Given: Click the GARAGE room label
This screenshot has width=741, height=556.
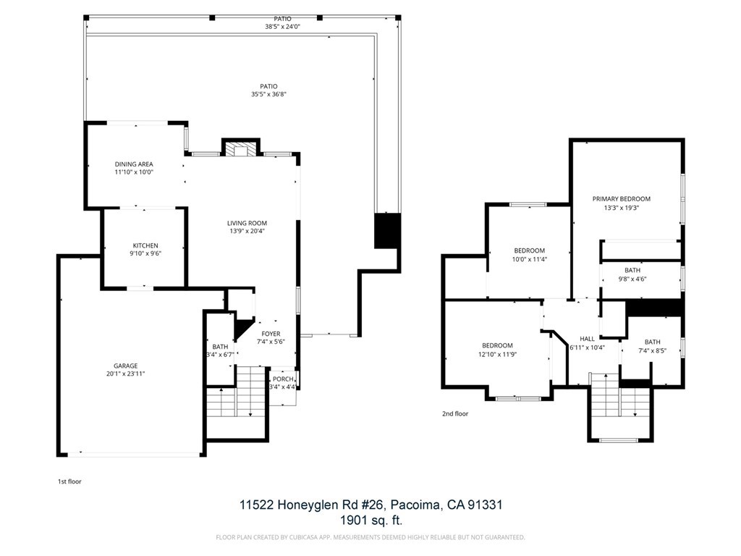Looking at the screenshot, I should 125,366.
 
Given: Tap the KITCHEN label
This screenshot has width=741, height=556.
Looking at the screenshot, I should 145,245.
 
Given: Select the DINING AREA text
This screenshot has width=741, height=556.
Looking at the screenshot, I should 134,164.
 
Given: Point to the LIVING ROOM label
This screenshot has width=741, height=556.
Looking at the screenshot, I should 247,223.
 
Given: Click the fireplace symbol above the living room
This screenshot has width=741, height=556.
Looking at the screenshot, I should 240,149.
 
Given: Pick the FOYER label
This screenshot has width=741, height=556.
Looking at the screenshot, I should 271,334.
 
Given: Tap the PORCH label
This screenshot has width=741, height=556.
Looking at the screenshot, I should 283,379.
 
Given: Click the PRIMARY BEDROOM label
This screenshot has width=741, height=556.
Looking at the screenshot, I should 621,198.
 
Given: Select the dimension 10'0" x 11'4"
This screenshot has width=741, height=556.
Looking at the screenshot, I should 529,259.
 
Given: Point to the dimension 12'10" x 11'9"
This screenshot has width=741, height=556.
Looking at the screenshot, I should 497,355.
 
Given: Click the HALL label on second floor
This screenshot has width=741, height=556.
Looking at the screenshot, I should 587,339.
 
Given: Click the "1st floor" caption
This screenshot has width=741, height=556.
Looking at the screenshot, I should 69,481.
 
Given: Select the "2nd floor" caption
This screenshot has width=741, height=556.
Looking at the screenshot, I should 455,414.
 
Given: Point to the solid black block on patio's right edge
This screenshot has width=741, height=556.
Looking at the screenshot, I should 387,231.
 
